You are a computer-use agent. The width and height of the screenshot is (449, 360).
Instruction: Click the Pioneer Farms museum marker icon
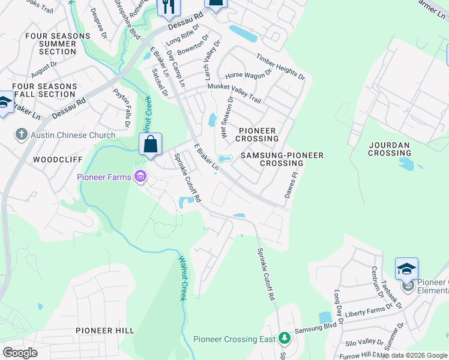pos(140,176)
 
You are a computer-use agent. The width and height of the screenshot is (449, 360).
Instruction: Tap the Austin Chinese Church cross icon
pos(22,134)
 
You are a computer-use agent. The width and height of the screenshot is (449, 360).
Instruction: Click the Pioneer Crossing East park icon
pos(285,339)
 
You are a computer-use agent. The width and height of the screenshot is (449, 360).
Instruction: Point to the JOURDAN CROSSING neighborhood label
pos(389,149)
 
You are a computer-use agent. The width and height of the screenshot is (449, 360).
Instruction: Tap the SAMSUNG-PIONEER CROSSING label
pos(282,159)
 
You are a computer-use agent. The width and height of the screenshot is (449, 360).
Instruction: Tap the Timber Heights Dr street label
pos(281,67)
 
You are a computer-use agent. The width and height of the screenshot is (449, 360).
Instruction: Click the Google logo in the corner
pos(20,353)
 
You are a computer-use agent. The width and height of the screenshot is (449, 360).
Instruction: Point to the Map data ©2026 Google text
pos(412,355)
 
